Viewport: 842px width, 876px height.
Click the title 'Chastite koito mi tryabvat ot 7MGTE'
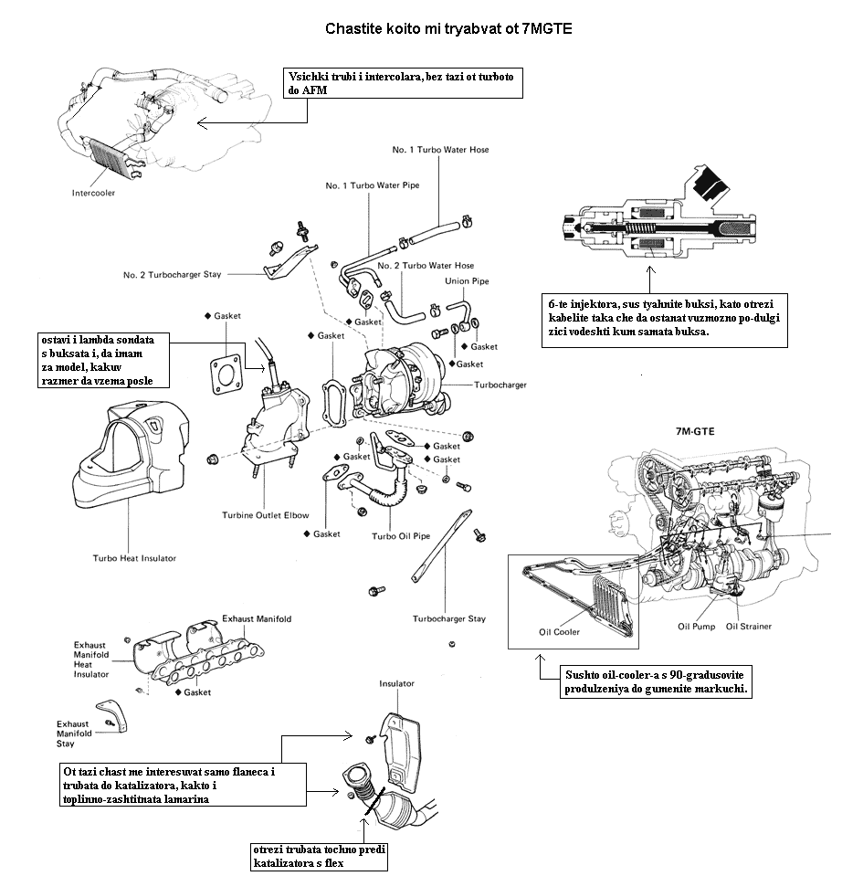coord(448,29)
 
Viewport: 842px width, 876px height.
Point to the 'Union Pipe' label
coord(467,281)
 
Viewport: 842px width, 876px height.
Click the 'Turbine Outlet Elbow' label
coord(266,515)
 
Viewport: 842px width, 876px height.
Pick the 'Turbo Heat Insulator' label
coord(134,558)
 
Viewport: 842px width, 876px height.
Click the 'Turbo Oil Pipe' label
coord(401,536)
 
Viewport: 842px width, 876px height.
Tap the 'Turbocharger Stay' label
coord(449,618)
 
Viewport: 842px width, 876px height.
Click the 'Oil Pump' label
coord(696,627)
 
